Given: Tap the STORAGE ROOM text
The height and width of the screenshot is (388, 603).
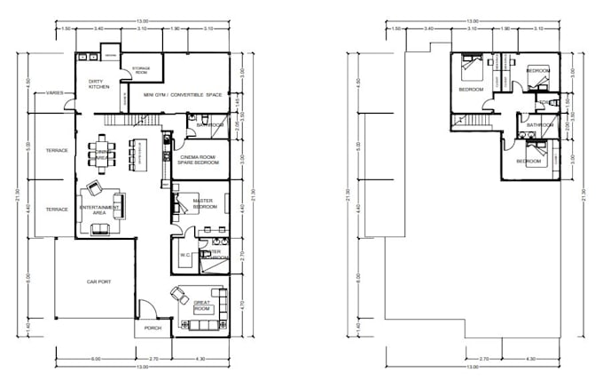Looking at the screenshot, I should [x=141, y=69].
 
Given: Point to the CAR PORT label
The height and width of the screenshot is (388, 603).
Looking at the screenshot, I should [x=98, y=282].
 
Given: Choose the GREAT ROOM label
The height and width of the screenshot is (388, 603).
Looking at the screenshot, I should [x=207, y=305].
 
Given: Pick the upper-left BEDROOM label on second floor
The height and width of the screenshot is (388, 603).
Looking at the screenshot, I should [x=470, y=90].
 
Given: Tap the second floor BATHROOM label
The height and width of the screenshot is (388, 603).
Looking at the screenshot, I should [x=539, y=125].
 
